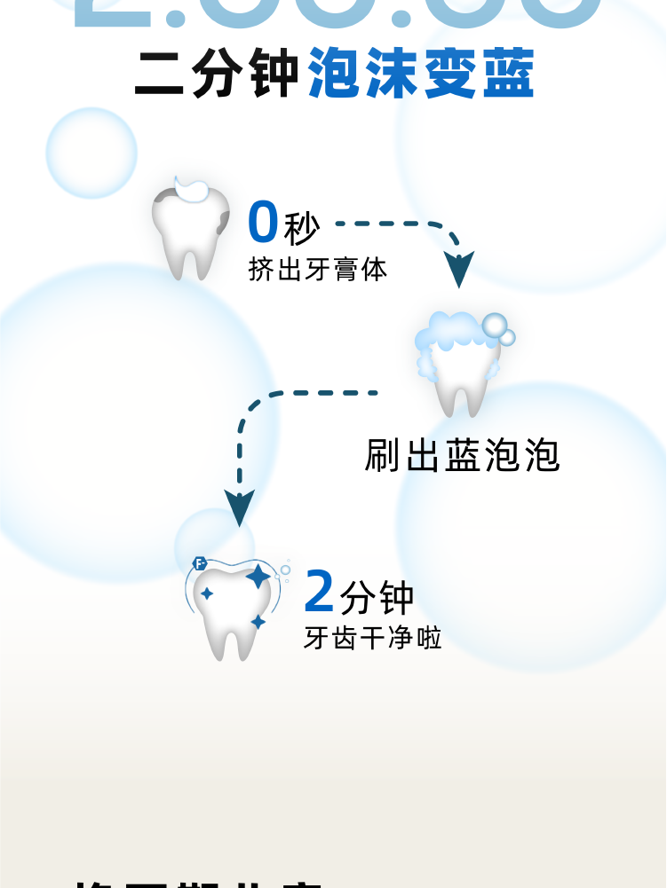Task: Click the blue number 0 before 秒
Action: pyautogui.click(x=263, y=223)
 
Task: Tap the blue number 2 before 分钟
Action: pyautogui.click(x=320, y=592)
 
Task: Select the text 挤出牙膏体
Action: pyautogui.click(x=318, y=270)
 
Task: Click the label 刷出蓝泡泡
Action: pyautogui.click(x=462, y=455)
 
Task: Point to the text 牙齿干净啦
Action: pyautogui.click(x=373, y=638)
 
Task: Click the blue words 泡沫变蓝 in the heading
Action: pyautogui.click(x=421, y=75)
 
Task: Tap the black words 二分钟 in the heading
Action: pyautogui.click(x=217, y=75)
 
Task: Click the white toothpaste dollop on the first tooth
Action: pyautogui.click(x=191, y=188)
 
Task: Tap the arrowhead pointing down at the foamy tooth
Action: pyautogui.click(x=458, y=269)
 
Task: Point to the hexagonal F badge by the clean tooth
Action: pyautogui.click(x=200, y=563)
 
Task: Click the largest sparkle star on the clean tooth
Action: pyautogui.click(x=258, y=577)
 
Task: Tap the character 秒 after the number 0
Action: pyautogui.click(x=301, y=229)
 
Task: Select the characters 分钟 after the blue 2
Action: pyautogui.click(x=377, y=598)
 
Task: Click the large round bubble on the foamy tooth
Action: pyautogui.click(x=495, y=325)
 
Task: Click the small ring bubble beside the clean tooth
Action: pyautogui.click(x=285, y=570)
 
